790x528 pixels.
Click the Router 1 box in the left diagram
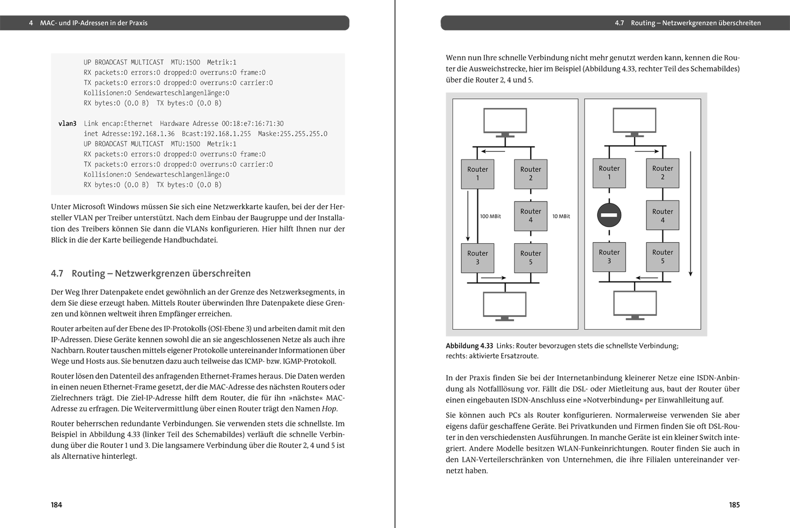(477, 174)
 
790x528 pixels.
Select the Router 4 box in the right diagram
(662, 216)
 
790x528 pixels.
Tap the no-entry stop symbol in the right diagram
(609, 215)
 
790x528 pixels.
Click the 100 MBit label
(490, 216)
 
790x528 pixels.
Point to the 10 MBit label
(561, 216)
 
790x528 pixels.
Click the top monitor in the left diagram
(505, 121)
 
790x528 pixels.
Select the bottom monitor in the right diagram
(634, 304)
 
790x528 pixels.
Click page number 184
(56, 505)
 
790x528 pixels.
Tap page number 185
(734, 505)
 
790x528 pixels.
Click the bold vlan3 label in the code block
(67, 123)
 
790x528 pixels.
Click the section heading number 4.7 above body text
(57, 273)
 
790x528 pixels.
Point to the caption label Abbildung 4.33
(469, 346)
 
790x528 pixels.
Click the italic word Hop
(329, 409)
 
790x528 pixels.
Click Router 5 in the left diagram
(530, 258)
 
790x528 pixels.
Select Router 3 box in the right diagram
(609, 257)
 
